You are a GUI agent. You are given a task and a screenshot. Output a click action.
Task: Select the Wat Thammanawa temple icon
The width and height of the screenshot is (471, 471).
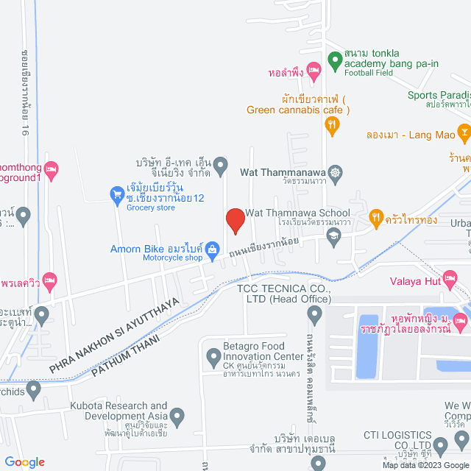336,173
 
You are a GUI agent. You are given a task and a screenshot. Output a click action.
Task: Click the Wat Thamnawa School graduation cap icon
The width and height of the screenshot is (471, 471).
334,235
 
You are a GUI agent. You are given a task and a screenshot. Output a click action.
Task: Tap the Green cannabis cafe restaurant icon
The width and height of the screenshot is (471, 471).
332,126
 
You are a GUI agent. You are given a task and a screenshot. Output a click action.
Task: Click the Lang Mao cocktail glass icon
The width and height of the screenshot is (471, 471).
464,133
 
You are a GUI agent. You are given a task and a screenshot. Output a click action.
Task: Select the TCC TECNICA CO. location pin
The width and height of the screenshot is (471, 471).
315,316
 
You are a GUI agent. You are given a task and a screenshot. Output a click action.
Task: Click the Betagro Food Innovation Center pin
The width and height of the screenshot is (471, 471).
214,358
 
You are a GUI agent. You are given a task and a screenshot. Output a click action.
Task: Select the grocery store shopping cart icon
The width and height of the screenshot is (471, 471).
116,194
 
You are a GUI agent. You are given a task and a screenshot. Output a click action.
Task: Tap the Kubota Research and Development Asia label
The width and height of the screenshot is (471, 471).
118,411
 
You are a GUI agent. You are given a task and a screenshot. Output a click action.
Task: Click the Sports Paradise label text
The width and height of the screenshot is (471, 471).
439,94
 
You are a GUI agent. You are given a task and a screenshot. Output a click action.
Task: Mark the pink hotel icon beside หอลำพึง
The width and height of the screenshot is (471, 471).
314,71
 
